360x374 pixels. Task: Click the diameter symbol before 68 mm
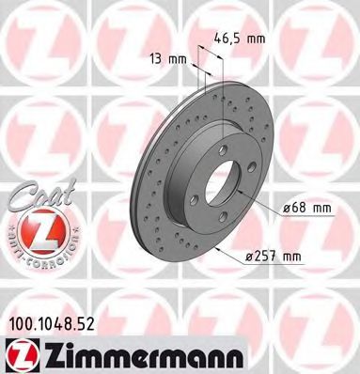coord(286,206)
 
